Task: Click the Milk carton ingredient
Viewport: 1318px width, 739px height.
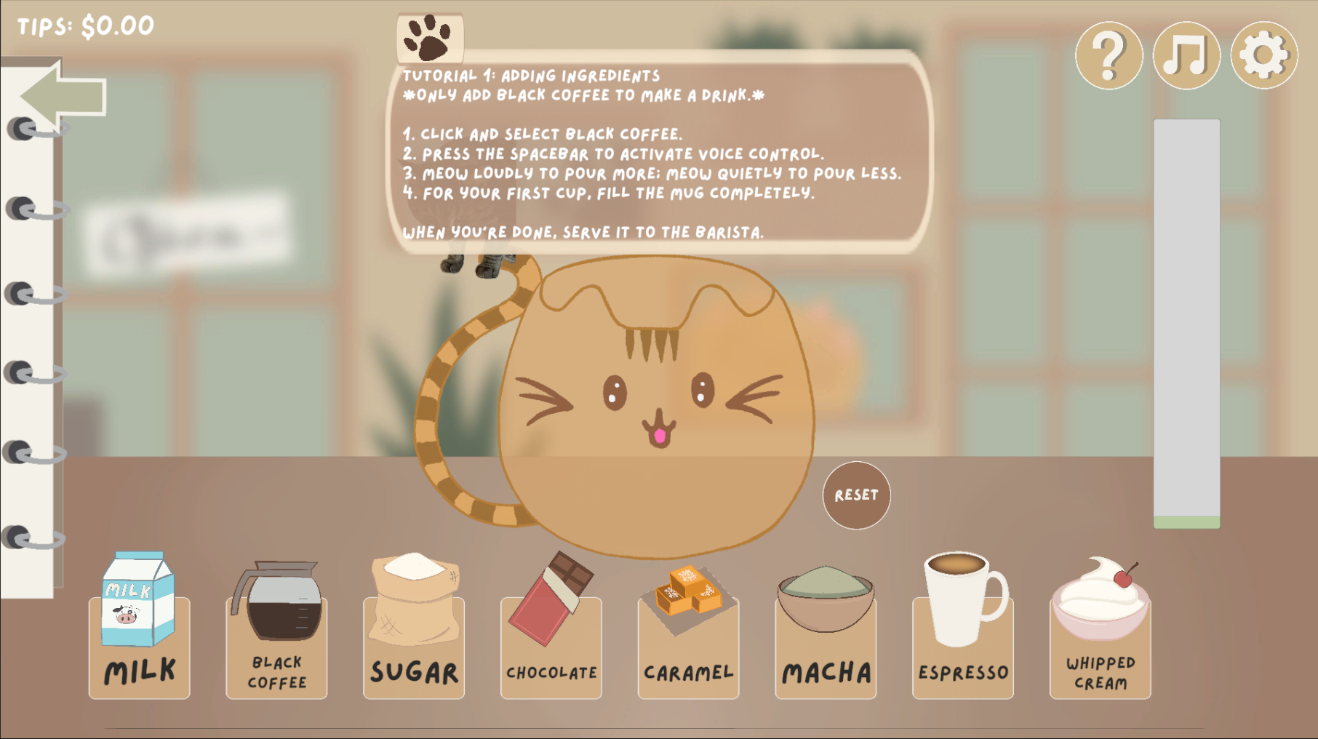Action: coord(138,599)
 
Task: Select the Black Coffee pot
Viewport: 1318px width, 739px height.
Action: coord(276,601)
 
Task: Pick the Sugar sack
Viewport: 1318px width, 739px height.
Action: coord(415,599)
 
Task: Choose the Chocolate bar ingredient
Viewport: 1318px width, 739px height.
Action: coord(551,598)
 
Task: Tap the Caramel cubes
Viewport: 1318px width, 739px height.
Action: coord(688,591)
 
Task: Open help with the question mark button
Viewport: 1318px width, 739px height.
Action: coord(1109,55)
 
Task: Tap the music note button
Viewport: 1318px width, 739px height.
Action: coord(1186,55)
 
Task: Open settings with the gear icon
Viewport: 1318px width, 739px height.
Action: coord(1264,55)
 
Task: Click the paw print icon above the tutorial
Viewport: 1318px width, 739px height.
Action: coord(429,38)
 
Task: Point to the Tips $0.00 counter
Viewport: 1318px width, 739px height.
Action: coord(86,26)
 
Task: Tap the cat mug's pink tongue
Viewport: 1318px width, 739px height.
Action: coord(660,436)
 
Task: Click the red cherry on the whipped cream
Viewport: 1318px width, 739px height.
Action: coord(1123,578)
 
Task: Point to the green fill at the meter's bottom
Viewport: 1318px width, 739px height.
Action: coord(1186,522)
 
